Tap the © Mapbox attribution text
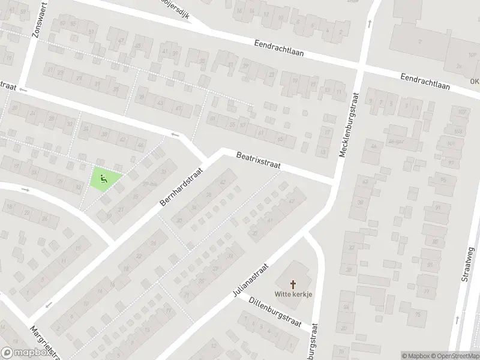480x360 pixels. [416, 356]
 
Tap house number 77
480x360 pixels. [427, 292]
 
